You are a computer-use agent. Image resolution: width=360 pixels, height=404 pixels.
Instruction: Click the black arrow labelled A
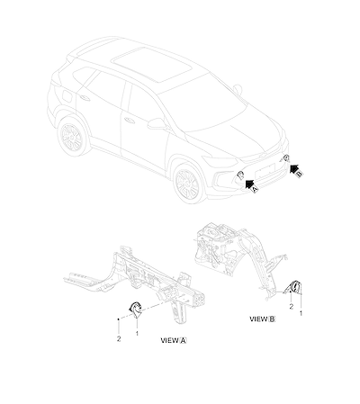(249, 184)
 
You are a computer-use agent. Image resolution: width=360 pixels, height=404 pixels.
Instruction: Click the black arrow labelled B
(294, 168)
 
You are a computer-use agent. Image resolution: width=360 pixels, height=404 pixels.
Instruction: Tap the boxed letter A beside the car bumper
(255, 189)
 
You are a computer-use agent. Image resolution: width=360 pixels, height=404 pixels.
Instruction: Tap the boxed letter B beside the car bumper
(300, 174)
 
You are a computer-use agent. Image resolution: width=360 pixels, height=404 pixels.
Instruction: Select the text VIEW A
(174, 340)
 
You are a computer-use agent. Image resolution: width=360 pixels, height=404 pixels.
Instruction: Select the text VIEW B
(263, 319)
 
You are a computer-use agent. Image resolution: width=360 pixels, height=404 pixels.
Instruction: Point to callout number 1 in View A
(137, 333)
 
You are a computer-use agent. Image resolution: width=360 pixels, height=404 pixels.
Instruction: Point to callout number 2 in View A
(119, 338)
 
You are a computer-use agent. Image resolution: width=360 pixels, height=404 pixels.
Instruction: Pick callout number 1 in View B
(301, 313)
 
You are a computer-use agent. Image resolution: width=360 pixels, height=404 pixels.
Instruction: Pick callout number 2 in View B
(291, 307)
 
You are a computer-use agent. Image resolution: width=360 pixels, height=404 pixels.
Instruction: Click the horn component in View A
(135, 310)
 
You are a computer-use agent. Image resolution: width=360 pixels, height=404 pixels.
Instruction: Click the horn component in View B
(295, 288)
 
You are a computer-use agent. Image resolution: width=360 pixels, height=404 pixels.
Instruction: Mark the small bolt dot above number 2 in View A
(119, 319)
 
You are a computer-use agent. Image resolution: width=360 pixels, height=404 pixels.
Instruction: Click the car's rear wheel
(72, 137)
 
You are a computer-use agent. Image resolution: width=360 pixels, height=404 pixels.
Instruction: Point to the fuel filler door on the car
(67, 95)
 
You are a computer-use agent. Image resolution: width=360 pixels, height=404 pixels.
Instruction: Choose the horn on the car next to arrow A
(240, 175)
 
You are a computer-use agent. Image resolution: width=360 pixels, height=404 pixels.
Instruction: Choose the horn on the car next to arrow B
(286, 158)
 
